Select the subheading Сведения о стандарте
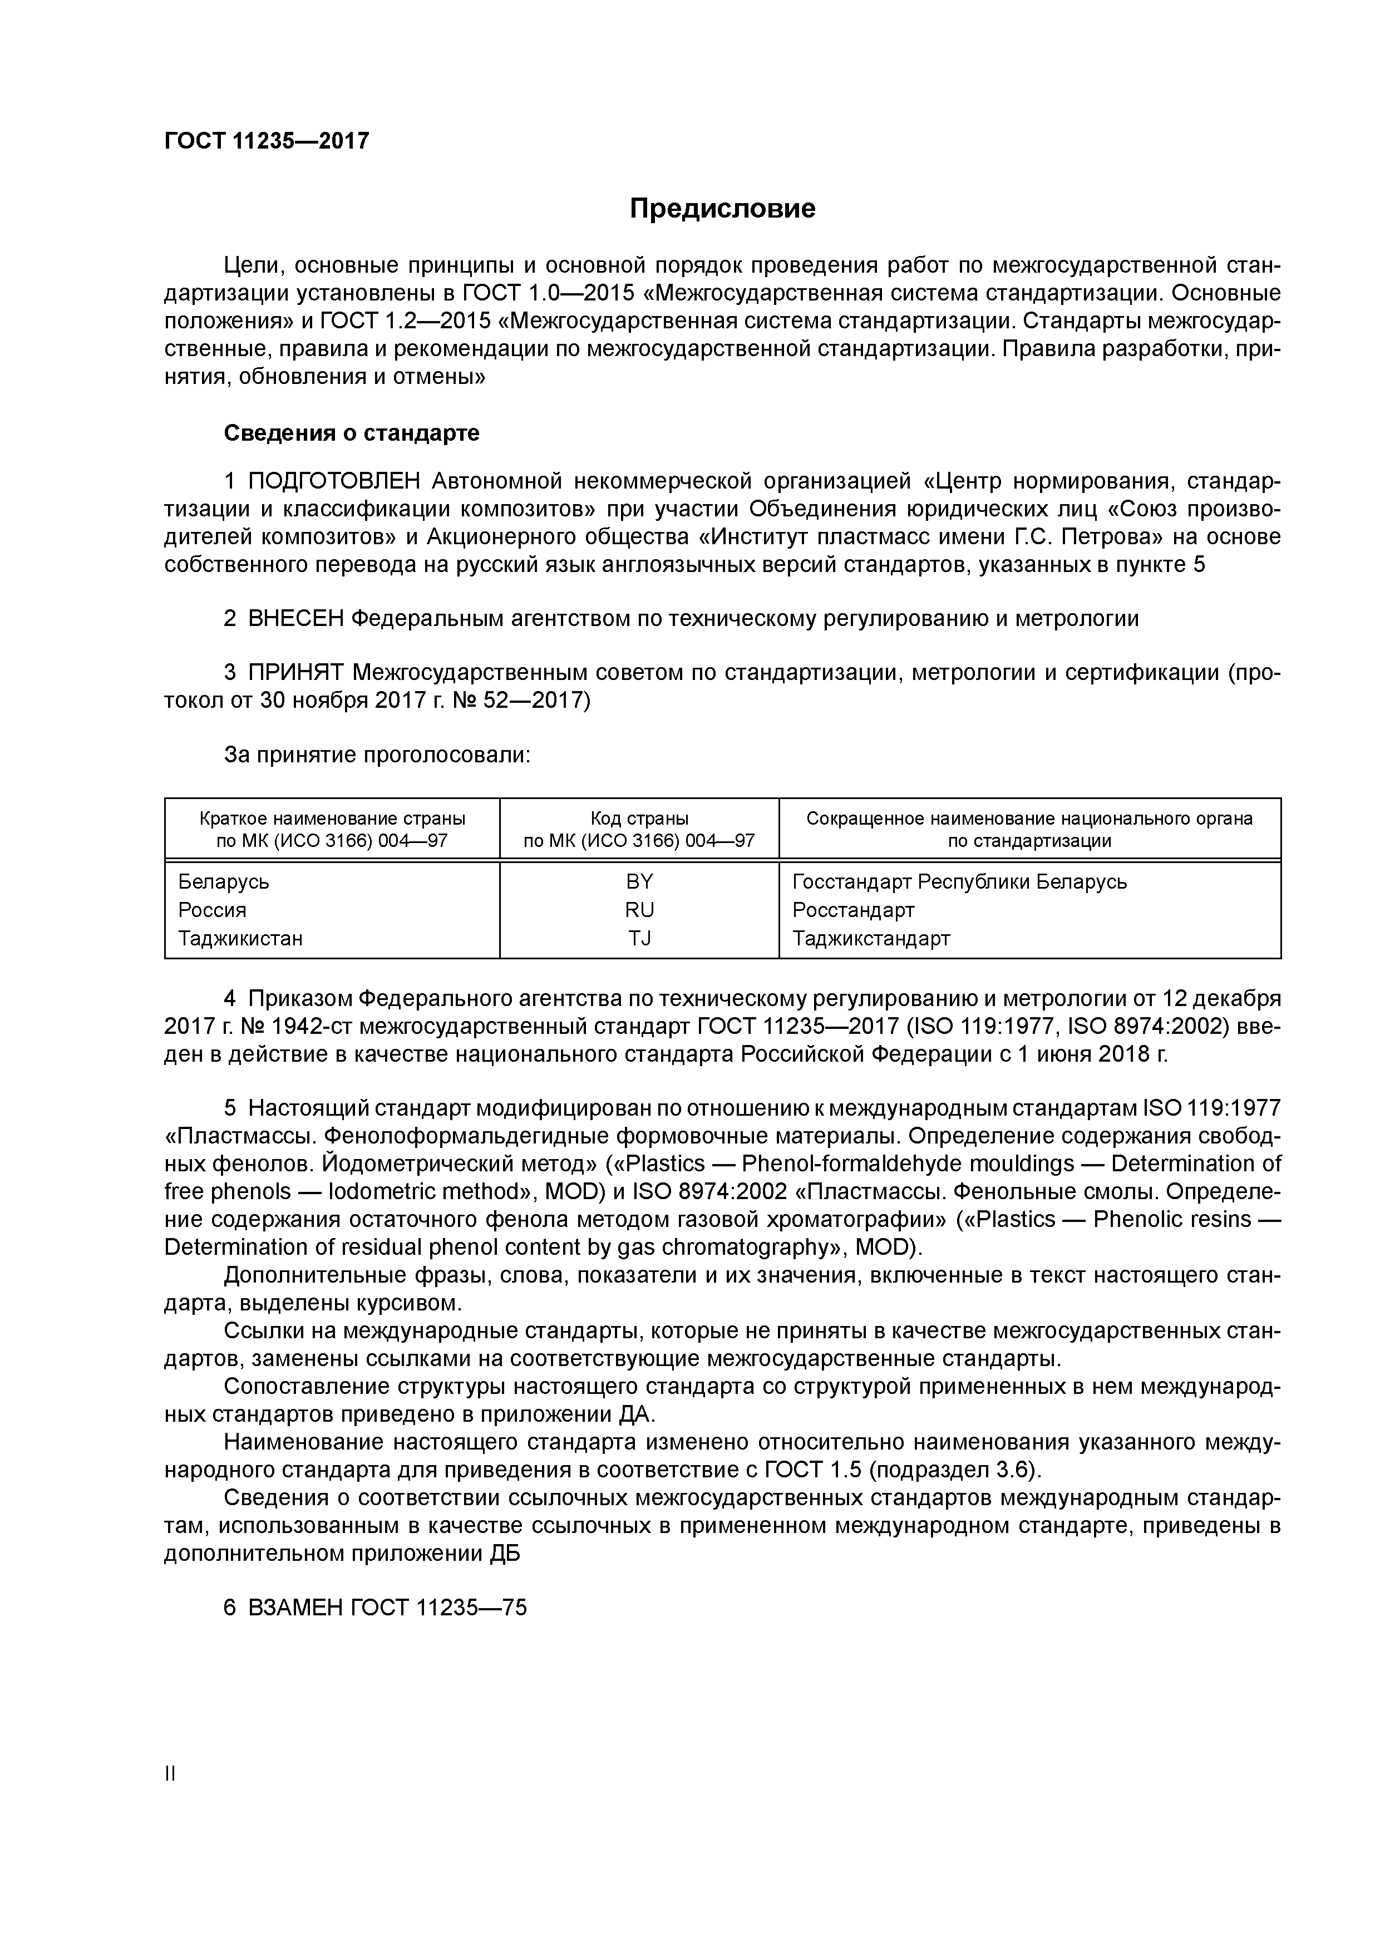tap(351, 433)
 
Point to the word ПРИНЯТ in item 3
tap(296, 673)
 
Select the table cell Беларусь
tap(224, 881)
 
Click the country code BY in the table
tap(639, 881)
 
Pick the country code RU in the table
tap(639, 910)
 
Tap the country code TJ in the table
tap(639, 938)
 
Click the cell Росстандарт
tap(853, 910)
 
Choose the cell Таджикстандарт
tap(871, 938)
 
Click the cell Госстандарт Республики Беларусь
tap(959, 881)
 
